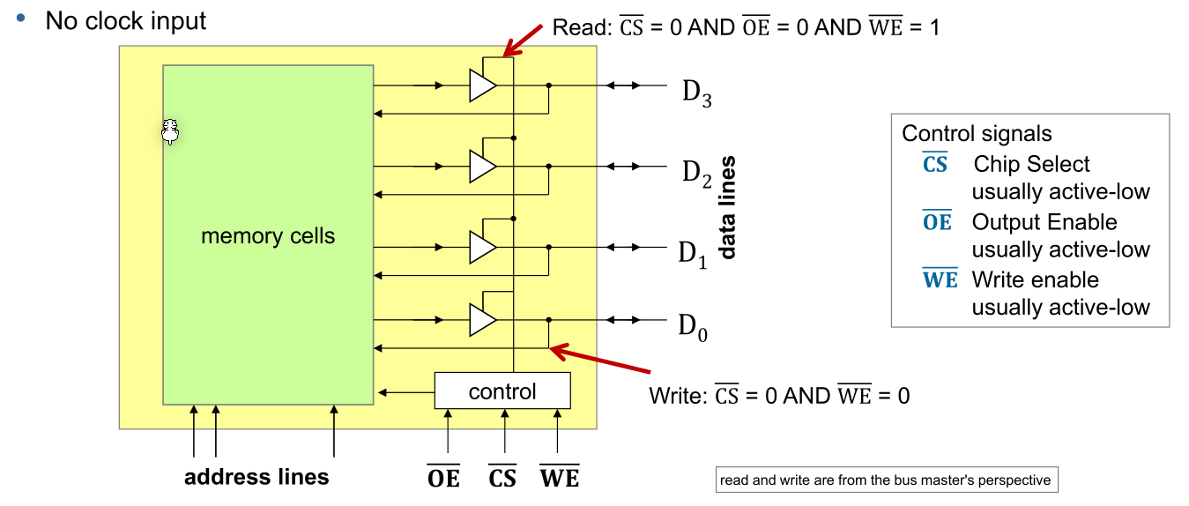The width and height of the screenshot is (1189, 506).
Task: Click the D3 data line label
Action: pos(696,93)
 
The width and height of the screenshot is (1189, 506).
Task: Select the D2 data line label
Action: pos(696,174)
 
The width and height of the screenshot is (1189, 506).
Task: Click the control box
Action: pos(502,391)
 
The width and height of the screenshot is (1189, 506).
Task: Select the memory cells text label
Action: pos(268,236)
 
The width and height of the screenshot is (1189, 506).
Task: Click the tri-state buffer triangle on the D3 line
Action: pos(482,86)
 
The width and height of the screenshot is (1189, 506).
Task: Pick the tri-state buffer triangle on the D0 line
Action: pos(482,320)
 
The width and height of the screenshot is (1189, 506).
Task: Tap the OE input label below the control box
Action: pos(443,477)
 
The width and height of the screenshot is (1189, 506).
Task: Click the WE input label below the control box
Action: pos(560,477)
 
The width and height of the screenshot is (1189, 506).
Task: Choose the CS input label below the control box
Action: pos(502,477)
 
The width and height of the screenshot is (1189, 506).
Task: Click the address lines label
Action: pos(256,477)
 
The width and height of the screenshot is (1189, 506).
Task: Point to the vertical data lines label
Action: pos(728,208)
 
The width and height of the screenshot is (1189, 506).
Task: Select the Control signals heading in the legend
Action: pos(977,134)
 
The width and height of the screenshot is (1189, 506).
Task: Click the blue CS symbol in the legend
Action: pos(935,164)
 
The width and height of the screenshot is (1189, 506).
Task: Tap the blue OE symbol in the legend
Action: pos(936,222)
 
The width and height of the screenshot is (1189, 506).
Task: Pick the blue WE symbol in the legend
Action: pos(940,280)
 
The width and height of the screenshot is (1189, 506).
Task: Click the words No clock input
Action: pos(126,20)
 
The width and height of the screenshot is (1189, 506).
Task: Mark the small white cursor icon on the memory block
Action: pos(171,132)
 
